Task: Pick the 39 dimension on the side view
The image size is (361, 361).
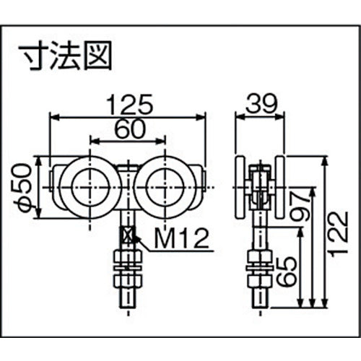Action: pos(261,104)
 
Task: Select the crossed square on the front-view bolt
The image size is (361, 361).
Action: pos(128,235)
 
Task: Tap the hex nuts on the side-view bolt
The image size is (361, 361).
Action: pos(258,265)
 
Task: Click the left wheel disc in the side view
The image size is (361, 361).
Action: pos(242,188)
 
